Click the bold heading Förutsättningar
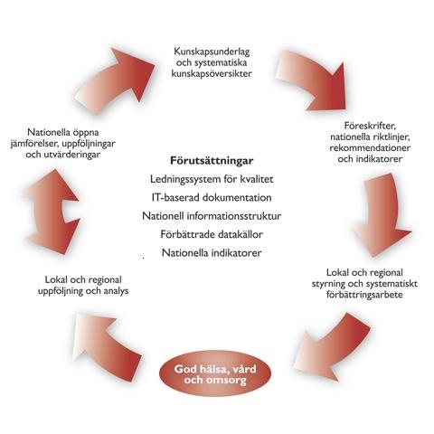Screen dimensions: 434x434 (x=212, y=161)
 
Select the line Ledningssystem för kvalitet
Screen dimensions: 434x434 (x=212, y=179)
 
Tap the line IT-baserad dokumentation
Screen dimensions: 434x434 (x=212, y=198)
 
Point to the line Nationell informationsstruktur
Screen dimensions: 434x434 (x=212, y=216)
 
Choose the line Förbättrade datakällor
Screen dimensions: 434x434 (x=212, y=234)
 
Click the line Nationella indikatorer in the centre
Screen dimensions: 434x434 (x=212, y=253)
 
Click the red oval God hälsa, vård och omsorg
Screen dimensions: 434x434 (x=215, y=374)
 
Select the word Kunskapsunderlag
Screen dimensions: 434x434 (x=212, y=52)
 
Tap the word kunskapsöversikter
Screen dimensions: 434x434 (x=212, y=73)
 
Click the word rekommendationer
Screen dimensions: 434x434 (x=370, y=148)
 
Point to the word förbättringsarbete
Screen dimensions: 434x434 (x=364, y=295)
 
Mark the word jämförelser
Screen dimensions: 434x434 (x=33, y=144)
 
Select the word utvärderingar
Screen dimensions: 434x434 (x=72, y=155)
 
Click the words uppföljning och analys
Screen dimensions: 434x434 (x=83, y=291)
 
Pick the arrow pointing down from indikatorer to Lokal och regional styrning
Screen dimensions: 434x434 (x=382, y=214)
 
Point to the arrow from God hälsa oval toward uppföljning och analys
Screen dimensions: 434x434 (x=106, y=346)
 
